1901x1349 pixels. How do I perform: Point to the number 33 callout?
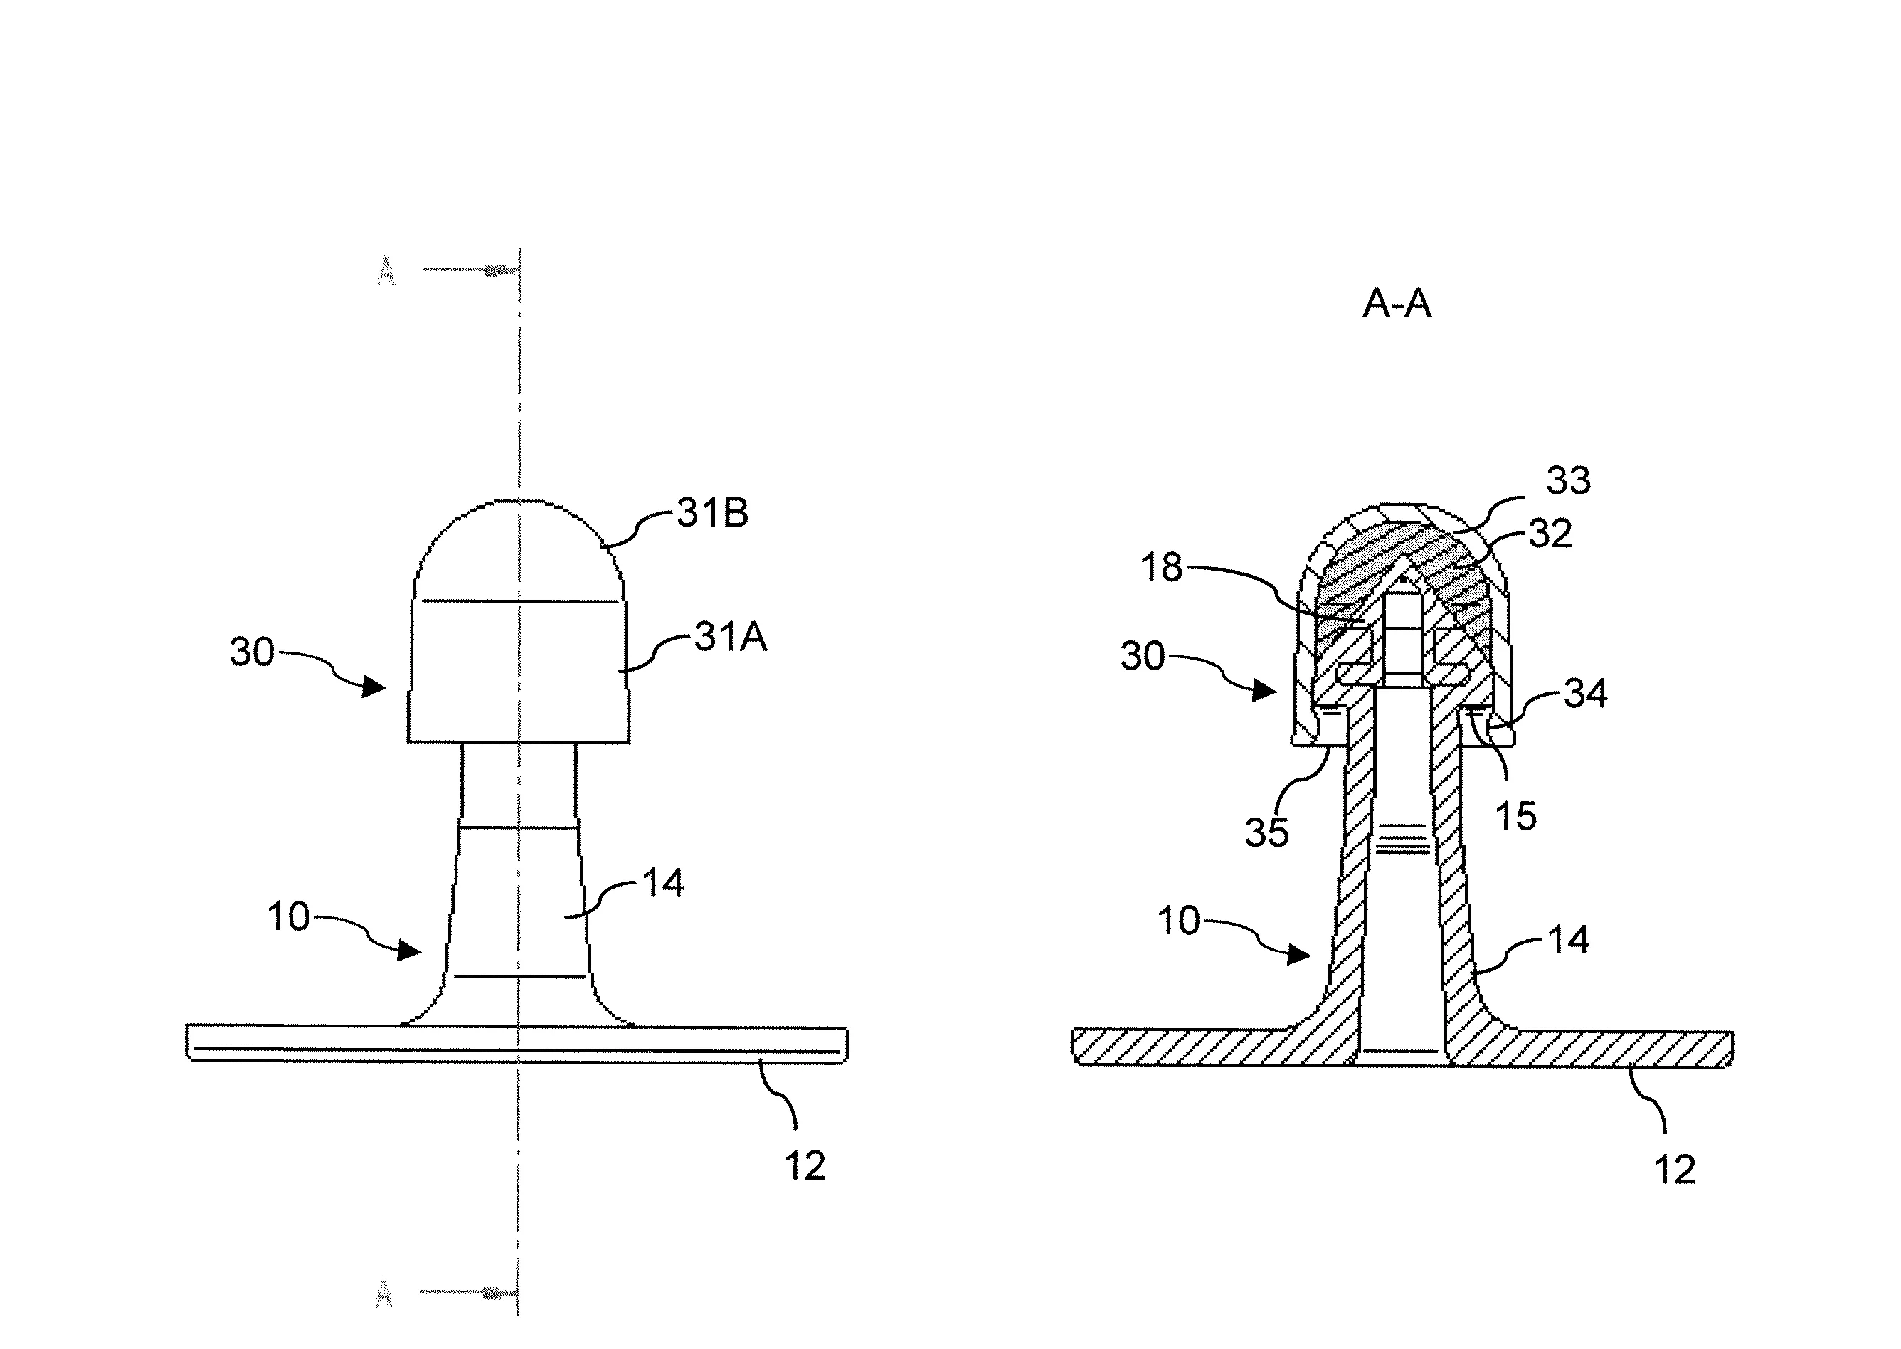pyautogui.click(x=1568, y=480)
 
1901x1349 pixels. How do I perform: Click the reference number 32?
pyautogui.click(x=1550, y=534)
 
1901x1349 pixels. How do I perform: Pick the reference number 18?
pyautogui.click(x=1161, y=568)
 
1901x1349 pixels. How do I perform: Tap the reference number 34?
pyautogui.click(x=1585, y=694)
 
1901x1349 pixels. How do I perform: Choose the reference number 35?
pyautogui.click(x=1266, y=832)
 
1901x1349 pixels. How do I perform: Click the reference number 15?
pyautogui.click(x=1515, y=817)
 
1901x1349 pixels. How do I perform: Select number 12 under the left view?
pyautogui.click(x=805, y=1166)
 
